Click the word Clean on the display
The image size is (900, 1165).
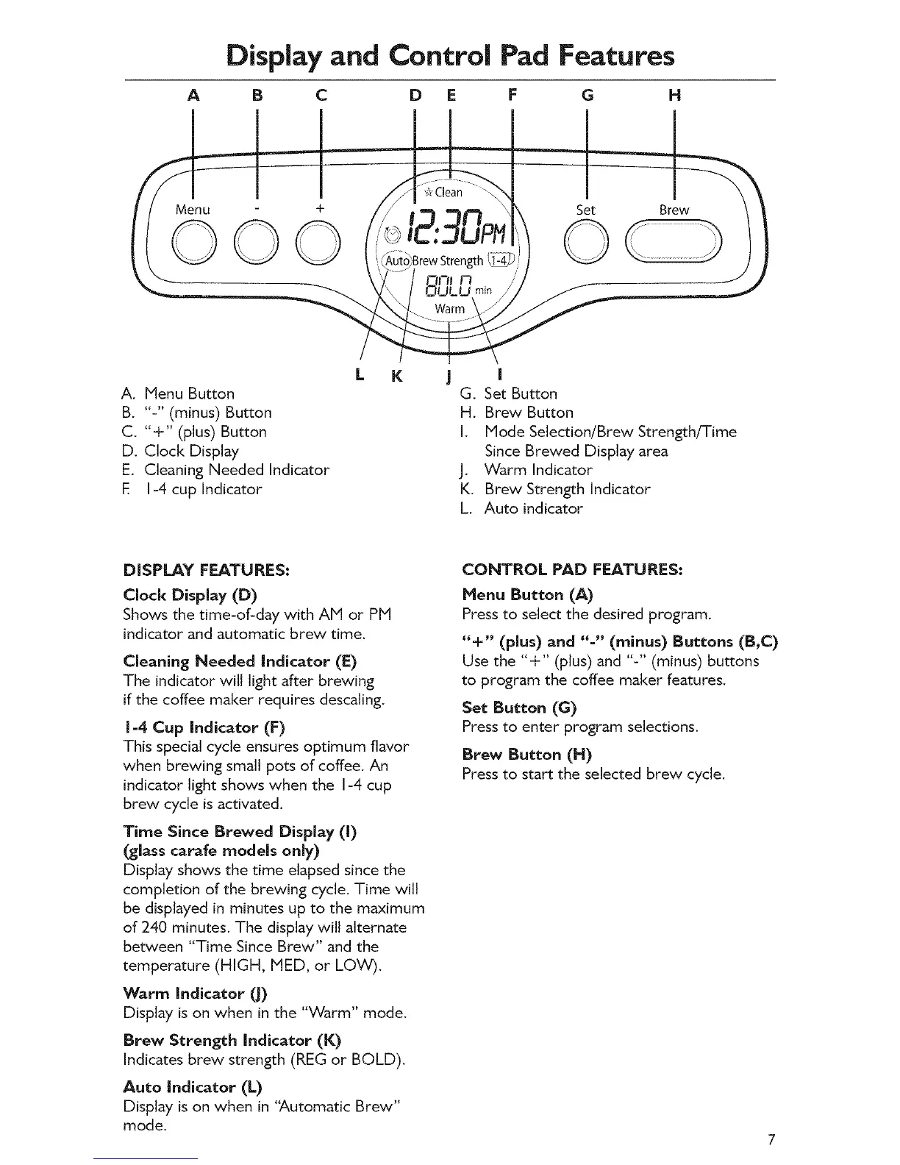(449, 193)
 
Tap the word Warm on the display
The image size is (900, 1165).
(449, 309)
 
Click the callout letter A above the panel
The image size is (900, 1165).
(193, 96)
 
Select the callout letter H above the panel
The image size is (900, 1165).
(674, 96)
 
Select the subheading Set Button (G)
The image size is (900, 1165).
(519, 708)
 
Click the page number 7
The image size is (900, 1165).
(771, 1141)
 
